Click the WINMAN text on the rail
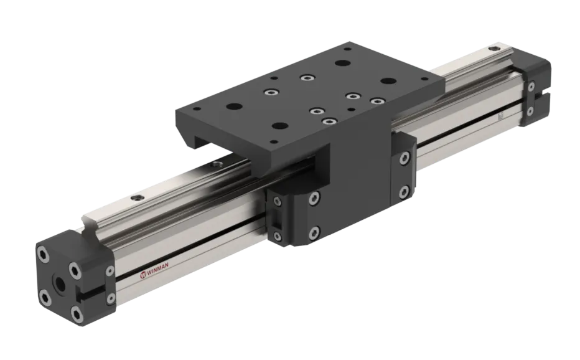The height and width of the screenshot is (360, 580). click(x=157, y=275)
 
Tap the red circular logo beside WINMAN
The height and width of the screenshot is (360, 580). click(x=143, y=275)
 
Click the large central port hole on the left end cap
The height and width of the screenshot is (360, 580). click(x=58, y=284)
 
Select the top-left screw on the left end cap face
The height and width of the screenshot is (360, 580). click(x=42, y=254)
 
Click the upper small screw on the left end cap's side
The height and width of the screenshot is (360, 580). click(x=110, y=271)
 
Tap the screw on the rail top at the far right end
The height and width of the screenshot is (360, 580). click(x=493, y=49)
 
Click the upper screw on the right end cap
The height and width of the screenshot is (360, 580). click(x=531, y=87)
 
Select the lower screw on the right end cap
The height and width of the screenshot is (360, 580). click(x=530, y=111)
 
